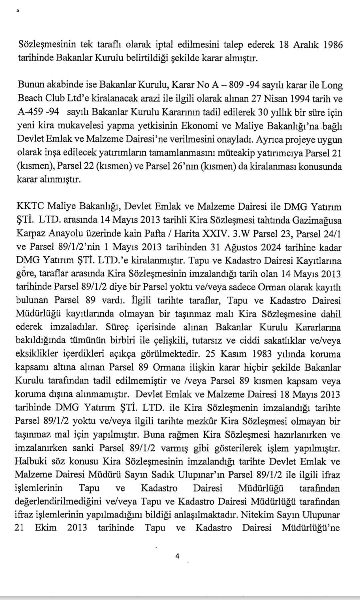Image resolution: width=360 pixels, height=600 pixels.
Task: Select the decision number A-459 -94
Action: [38, 112]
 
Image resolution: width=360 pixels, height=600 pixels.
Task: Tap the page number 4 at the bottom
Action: [177, 556]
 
